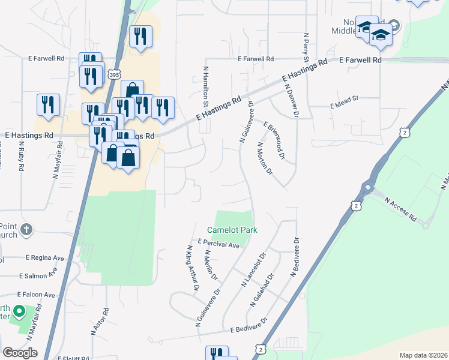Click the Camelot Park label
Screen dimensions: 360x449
point(232,230)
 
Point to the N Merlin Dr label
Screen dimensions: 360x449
point(211,266)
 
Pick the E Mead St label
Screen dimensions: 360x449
point(344,105)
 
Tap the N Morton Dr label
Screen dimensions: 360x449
point(265,158)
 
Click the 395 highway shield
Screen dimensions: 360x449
point(114,73)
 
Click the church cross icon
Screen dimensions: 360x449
point(26,229)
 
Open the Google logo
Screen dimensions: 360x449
point(20,353)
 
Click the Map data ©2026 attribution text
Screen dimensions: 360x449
point(423,355)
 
